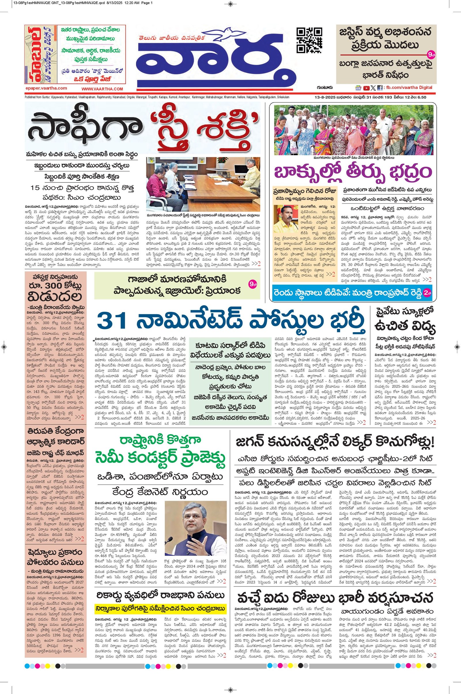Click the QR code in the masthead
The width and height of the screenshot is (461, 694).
tap(309, 40)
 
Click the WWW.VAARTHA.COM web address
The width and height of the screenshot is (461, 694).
tap(102, 89)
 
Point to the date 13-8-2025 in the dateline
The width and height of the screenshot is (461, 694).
tap(323, 97)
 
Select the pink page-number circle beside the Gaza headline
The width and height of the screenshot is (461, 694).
tap(253, 284)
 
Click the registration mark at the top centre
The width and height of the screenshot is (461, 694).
tap(231, 4)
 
